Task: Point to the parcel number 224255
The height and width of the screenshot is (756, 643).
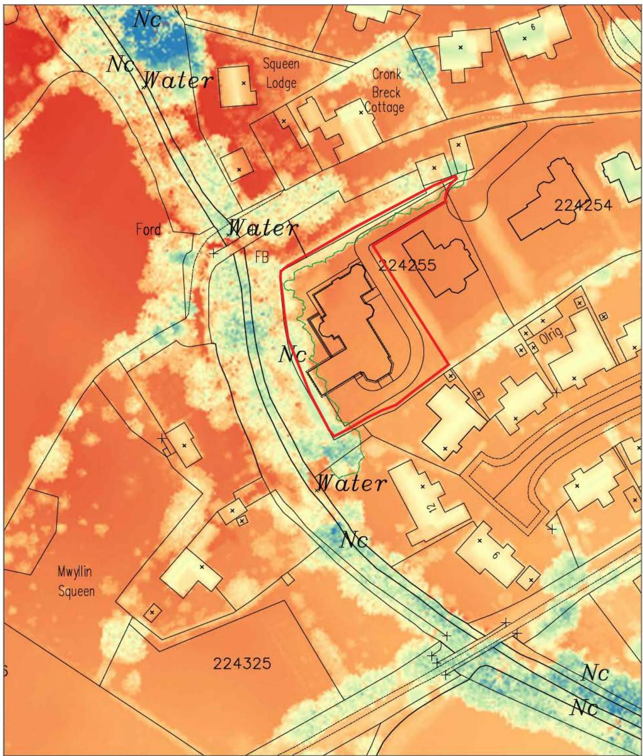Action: click(407, 265)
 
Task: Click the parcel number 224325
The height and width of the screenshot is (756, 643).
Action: click(241, 663)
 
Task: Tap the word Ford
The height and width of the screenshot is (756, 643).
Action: click(148, 230)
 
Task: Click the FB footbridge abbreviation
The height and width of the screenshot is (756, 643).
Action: click(261, 257)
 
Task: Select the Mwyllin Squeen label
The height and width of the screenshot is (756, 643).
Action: click(76, 581)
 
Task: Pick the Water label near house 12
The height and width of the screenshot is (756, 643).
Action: click(352, 483)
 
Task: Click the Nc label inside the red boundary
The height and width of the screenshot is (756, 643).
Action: click(292, 354)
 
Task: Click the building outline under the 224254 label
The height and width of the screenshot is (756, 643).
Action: click(543, 200)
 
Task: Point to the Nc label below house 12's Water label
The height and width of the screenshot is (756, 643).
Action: click(354, 541)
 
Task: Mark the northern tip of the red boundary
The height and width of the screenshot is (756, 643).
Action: click(456, 176)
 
